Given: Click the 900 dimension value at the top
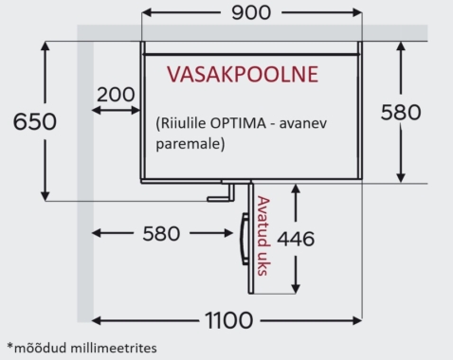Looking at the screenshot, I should point(250,12).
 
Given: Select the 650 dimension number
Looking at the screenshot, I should point(28,120).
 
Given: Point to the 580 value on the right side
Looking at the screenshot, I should point(401,112).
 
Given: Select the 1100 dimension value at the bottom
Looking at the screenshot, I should point(226,319).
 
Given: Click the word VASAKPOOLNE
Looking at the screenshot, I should point(242,74).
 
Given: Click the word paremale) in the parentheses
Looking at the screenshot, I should point(189,146).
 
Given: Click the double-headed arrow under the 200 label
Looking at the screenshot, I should point(115,111).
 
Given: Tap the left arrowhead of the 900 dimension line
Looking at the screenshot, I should point(145,14).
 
